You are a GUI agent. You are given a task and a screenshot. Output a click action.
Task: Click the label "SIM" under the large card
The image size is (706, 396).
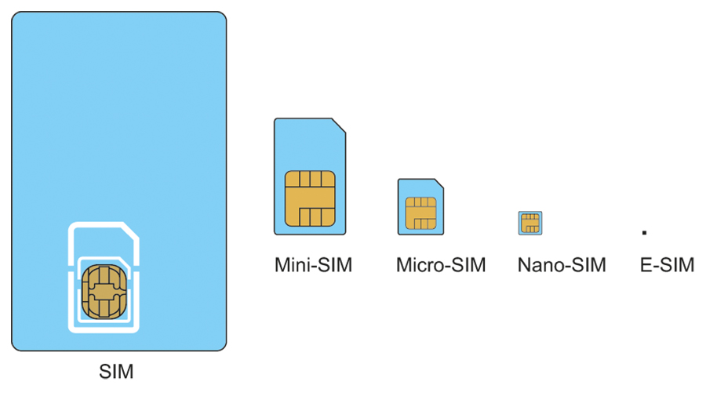coord(116,371)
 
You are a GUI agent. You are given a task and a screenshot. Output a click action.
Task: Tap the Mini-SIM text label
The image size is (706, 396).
coord(313,265)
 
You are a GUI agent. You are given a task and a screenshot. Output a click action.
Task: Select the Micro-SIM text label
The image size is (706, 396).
coord(440,265)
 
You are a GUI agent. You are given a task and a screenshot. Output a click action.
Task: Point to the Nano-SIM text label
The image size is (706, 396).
coord(562,265)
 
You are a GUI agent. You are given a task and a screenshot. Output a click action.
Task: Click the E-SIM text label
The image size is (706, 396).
coord(667,265)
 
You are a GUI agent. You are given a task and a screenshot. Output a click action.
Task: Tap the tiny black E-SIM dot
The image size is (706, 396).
coord(644,232)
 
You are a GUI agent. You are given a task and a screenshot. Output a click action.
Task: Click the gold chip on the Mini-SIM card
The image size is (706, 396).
coord(310,198)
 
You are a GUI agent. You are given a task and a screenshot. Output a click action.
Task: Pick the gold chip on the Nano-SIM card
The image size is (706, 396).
coord(531,223)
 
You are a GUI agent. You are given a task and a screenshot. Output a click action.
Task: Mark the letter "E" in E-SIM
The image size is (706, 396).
coord(646,265)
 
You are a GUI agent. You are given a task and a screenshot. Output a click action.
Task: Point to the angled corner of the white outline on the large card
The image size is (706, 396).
coord(132,230)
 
